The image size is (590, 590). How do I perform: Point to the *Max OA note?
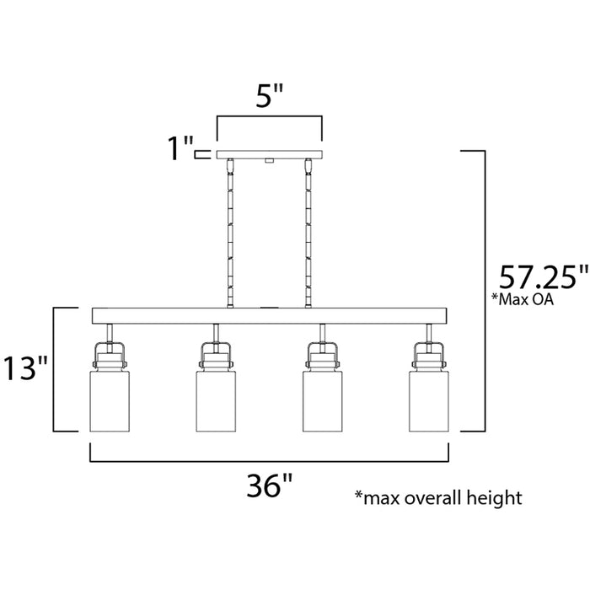pyautogui.click(x=528, y=301)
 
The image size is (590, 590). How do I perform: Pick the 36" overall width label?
pyautogui.click(x=269, y=487)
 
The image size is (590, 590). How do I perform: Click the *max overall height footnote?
pyautogui.click(x=438, y=497)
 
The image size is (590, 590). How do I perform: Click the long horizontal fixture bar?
pyautogui.click(x=270, y=317)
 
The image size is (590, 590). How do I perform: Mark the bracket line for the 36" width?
pyautogui.click(x=270, y=461)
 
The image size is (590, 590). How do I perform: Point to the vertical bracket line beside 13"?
pyautogui.click(x=56, y=369)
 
